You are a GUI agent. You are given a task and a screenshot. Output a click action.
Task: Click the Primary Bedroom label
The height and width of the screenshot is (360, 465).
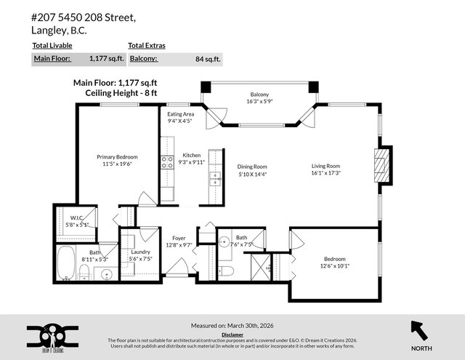tap(117, 156)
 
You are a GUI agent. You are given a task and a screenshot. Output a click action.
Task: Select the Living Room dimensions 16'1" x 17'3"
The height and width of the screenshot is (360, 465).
tap(325, 173)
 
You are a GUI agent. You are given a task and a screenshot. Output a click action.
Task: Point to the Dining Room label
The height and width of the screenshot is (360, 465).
tap(252, 167)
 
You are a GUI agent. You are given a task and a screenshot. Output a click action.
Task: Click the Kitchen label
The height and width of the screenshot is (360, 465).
tap(191, 155)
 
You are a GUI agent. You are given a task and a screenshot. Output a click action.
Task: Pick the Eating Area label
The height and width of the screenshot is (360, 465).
tap(180, 114)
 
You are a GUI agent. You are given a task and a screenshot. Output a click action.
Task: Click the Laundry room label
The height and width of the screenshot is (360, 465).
tap(140, 252)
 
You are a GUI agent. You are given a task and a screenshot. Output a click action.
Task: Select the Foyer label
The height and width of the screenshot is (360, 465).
tap(179, 238)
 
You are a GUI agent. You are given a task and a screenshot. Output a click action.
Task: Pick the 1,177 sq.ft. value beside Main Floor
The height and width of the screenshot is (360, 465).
tap(105, 57)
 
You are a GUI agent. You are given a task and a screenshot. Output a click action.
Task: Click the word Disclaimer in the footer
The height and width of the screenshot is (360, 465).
tap(232, 335)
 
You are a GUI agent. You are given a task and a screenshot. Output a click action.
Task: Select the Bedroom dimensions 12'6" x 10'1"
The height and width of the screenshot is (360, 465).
tap(335, 265)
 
